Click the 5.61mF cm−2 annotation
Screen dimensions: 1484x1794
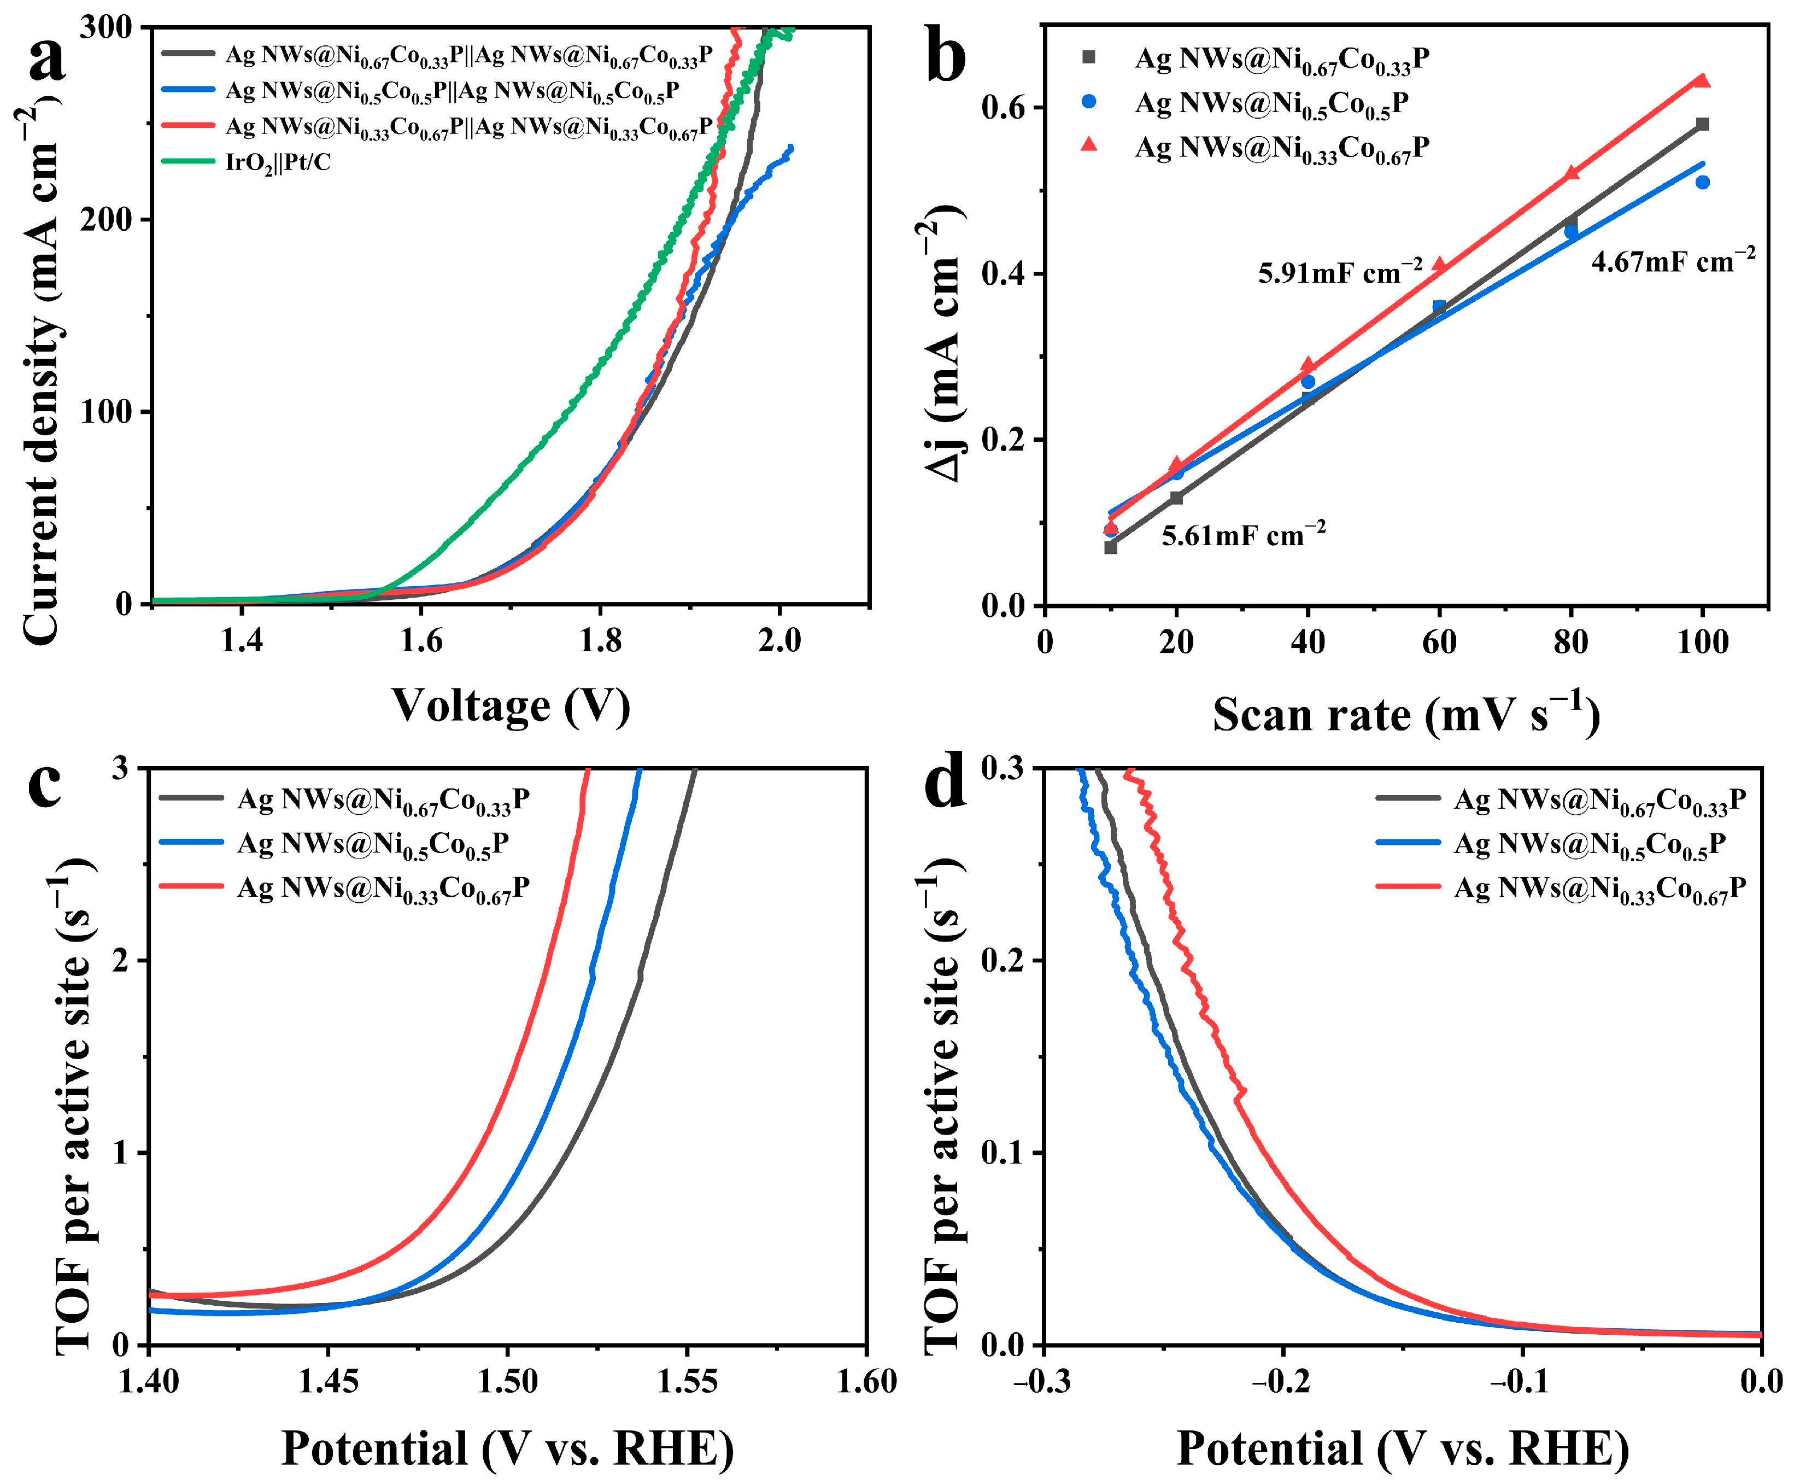1243,534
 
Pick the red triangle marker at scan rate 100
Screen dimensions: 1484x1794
1702,81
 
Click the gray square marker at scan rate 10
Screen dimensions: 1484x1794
1111,548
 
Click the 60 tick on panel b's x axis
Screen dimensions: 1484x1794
1439,641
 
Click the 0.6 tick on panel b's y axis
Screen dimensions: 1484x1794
1003,108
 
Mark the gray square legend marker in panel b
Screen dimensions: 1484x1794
1088,57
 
